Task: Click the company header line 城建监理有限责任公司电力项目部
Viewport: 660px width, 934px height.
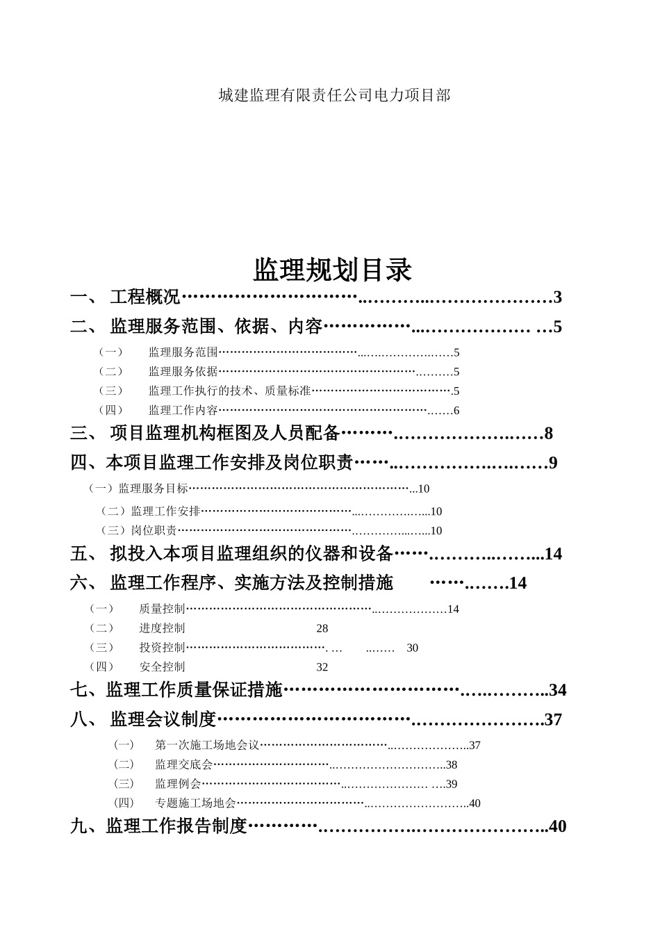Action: (x=334, y=95)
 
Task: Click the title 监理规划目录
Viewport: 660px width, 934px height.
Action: (x=332, y=270)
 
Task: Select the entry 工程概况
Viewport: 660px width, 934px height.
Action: (x=145, y=297)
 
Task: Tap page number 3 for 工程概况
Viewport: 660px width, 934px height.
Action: (x=557, y=297)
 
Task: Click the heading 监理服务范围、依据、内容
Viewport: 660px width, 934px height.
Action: (x=216, y=327)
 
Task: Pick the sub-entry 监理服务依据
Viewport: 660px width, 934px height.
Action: (x=183, y=372)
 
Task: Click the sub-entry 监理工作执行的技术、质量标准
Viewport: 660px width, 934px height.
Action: (x=229, y=391)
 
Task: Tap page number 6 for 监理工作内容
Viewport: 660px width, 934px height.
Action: (x=456, y=411)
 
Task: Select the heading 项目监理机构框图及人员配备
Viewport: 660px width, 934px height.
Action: (x=224, y=434)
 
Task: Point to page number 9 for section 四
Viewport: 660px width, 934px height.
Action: (x=553, y=463)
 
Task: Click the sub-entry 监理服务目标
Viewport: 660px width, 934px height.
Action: (x=153, y=489)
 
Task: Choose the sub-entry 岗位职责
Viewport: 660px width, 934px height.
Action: (x=154, y=531)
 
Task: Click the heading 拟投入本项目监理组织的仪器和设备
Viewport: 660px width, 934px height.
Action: (x=251, y=554)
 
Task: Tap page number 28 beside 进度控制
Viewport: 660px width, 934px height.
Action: (x=322, y=629)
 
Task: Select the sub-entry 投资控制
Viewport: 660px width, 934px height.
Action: (x=162, y=648)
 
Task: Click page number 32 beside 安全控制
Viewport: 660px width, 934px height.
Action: (x=322, y=667)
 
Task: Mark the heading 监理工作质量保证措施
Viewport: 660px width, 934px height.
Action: (x=194, y=690)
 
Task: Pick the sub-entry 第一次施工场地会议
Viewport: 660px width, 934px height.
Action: (x=207, y=746)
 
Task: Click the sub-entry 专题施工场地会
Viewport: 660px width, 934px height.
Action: (x=195, y=803)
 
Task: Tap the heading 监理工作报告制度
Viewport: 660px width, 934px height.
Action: (x=176, y=826)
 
